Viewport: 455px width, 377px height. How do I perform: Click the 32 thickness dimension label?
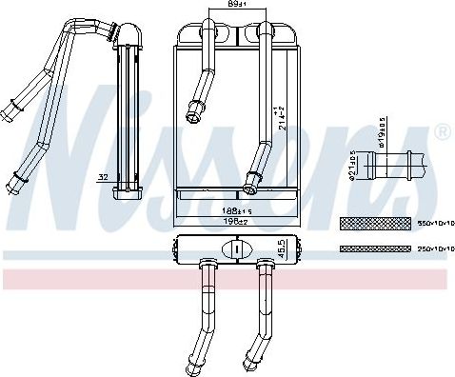pos(101,176)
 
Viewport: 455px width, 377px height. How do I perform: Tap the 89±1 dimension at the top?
pos(225,5)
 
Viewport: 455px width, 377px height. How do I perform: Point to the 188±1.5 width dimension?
pos(224,212)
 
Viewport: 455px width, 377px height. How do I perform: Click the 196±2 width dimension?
pos(224,222)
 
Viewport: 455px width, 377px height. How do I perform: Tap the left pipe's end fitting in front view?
pos(194,110)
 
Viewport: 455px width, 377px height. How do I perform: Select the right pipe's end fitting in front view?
pos(252,177)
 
